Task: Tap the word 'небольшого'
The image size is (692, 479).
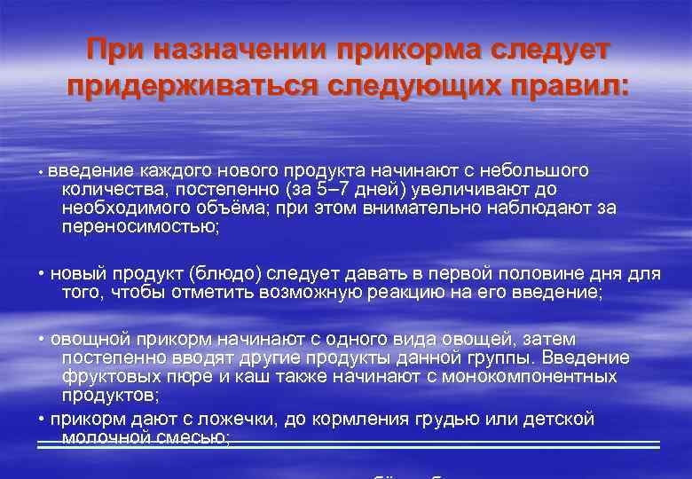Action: coord(532,170)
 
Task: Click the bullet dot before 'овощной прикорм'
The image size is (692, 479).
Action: coord(43,340)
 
